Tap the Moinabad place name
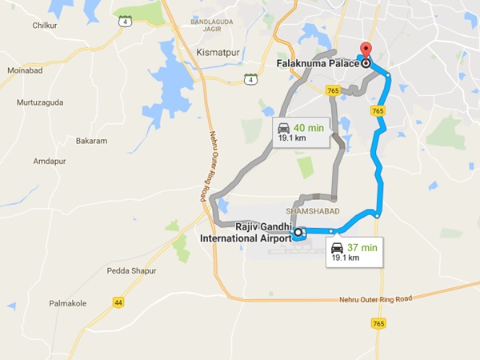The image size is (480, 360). tap(25, 70)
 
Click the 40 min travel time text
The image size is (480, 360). tap(308, 127)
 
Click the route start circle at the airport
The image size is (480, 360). tap(298, 233)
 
